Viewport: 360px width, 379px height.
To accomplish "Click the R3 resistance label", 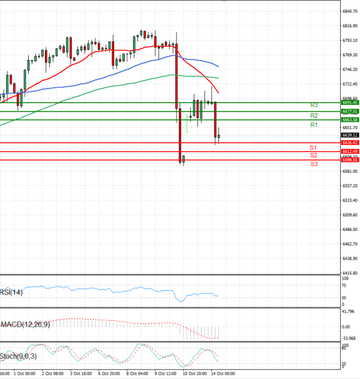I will tap(314, 105).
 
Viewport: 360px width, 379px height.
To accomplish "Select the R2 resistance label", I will tap(314, 115).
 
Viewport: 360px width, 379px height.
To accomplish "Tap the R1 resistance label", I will tap(314, 125).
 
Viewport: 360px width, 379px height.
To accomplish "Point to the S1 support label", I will tap(313, 147).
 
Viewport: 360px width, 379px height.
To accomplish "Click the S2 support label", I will tap(313, 155).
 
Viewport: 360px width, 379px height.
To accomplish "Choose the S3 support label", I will tap(314, 164).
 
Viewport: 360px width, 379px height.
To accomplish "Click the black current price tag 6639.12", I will tap(350, 136).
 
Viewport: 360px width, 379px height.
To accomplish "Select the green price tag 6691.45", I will tap(350, 103).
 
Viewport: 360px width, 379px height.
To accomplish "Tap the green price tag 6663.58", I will tap(350, 120).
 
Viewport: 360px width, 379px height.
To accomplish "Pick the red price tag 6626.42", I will tap(350, 143).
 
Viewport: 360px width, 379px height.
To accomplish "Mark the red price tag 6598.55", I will tap(350, 160).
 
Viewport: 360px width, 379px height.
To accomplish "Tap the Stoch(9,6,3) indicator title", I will tap(19, 356).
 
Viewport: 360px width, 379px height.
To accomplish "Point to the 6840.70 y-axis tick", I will tap(350, 11).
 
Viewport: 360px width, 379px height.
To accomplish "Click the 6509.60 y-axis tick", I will tap(350, 215).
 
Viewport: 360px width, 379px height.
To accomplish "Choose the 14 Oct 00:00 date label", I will tap(223, 372).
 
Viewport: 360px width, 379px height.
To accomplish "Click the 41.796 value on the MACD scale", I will tap(349, 311).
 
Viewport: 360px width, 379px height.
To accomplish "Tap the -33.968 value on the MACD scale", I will tap(349, 337).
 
